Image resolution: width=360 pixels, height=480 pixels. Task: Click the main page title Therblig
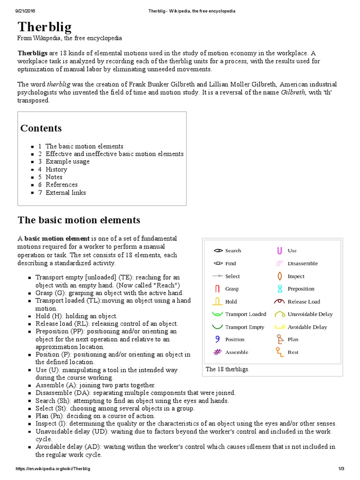pyautogui.click(x=45, y=27)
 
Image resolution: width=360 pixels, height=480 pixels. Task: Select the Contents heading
pyautogui.click(x=41, y=128)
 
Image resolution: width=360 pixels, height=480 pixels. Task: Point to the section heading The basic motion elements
pyautogui.click(x=79, y=220)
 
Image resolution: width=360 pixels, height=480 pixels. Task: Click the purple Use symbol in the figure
pyautogui.click(x=279, y=250)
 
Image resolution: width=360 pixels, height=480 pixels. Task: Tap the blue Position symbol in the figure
pyautogui.click(x=217, y=339)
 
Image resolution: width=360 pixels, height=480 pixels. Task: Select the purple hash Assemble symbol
pyautogui.click(x=217, y=352)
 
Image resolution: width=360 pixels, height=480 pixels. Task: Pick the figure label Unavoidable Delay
pyautogui.click(x=310, y=314)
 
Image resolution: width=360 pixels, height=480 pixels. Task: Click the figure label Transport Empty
pyautogui.click(x=245, y=327)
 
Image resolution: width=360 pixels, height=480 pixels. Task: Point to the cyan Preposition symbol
pyautogui.click(x=279, y=289)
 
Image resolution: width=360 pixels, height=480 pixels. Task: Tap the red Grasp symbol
pyautogui.click(x=217, y=289)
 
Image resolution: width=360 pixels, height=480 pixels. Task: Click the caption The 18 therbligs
pyautogui.click(x=227, y=369)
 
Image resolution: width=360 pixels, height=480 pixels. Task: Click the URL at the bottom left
pyautogui.click(x=53, y=469)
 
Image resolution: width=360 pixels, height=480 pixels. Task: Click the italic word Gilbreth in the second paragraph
pyautogui.click(x=293, y=92)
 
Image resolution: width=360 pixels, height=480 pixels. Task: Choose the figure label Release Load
pyautogui.click(x=304, y=301)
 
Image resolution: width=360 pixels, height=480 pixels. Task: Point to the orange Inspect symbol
pyautogui.click(x=279, y=276)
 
